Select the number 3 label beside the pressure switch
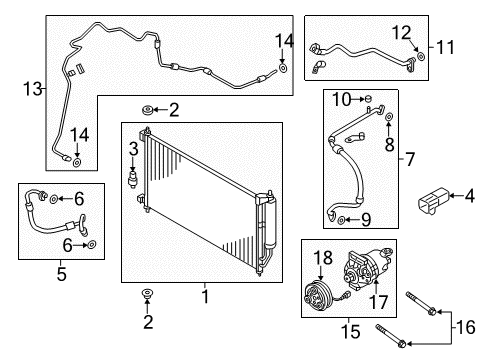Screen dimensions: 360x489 [132, 149]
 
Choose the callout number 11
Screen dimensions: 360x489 [444, 47]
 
